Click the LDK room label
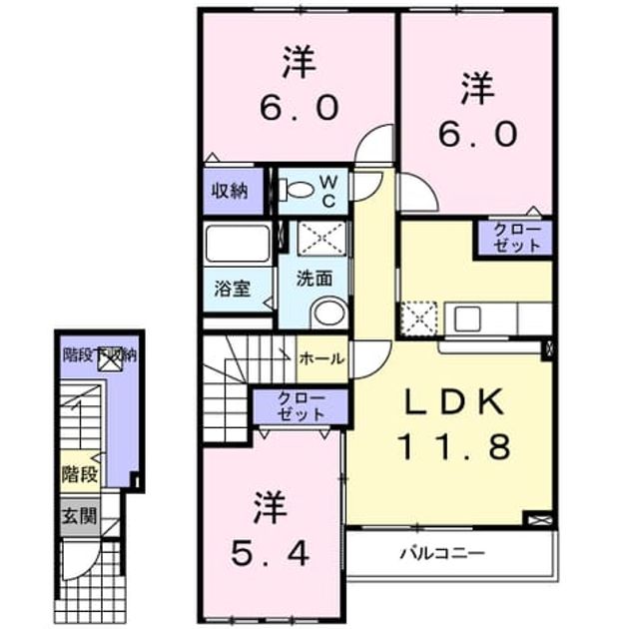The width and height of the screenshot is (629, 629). tap(455, 402)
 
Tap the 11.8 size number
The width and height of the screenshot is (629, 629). tap(455, 446)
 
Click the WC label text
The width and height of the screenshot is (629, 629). tap(328, 192)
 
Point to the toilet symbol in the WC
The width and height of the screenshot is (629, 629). tap(297, 189)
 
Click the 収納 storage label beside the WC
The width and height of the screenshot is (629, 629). tap(231, 191)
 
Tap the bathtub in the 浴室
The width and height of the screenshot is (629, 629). tap(238, 244)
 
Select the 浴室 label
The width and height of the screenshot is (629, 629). tap(233, 288)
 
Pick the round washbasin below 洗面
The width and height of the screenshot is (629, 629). tap(329, 313)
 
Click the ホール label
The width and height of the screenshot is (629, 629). tap(322, 358)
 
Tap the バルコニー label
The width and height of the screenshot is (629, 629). tap(443, 554)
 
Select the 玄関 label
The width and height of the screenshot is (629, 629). tap(80, 516)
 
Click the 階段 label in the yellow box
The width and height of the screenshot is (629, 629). tap(80, 474)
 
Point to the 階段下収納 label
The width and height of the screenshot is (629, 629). tap(100, 355)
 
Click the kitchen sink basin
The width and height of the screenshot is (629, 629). tap(467, 318)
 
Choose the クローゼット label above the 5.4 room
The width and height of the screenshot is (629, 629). tap(301, 406)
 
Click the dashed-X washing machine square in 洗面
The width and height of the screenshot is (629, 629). tap(321, 239)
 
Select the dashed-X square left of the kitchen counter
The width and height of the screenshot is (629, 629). tap(419, 318)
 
